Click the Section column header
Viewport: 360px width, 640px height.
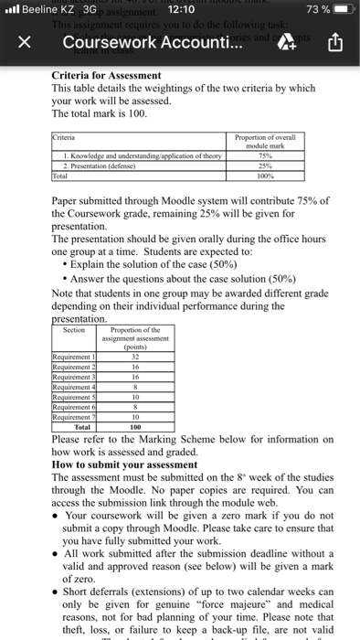[71, 330]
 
